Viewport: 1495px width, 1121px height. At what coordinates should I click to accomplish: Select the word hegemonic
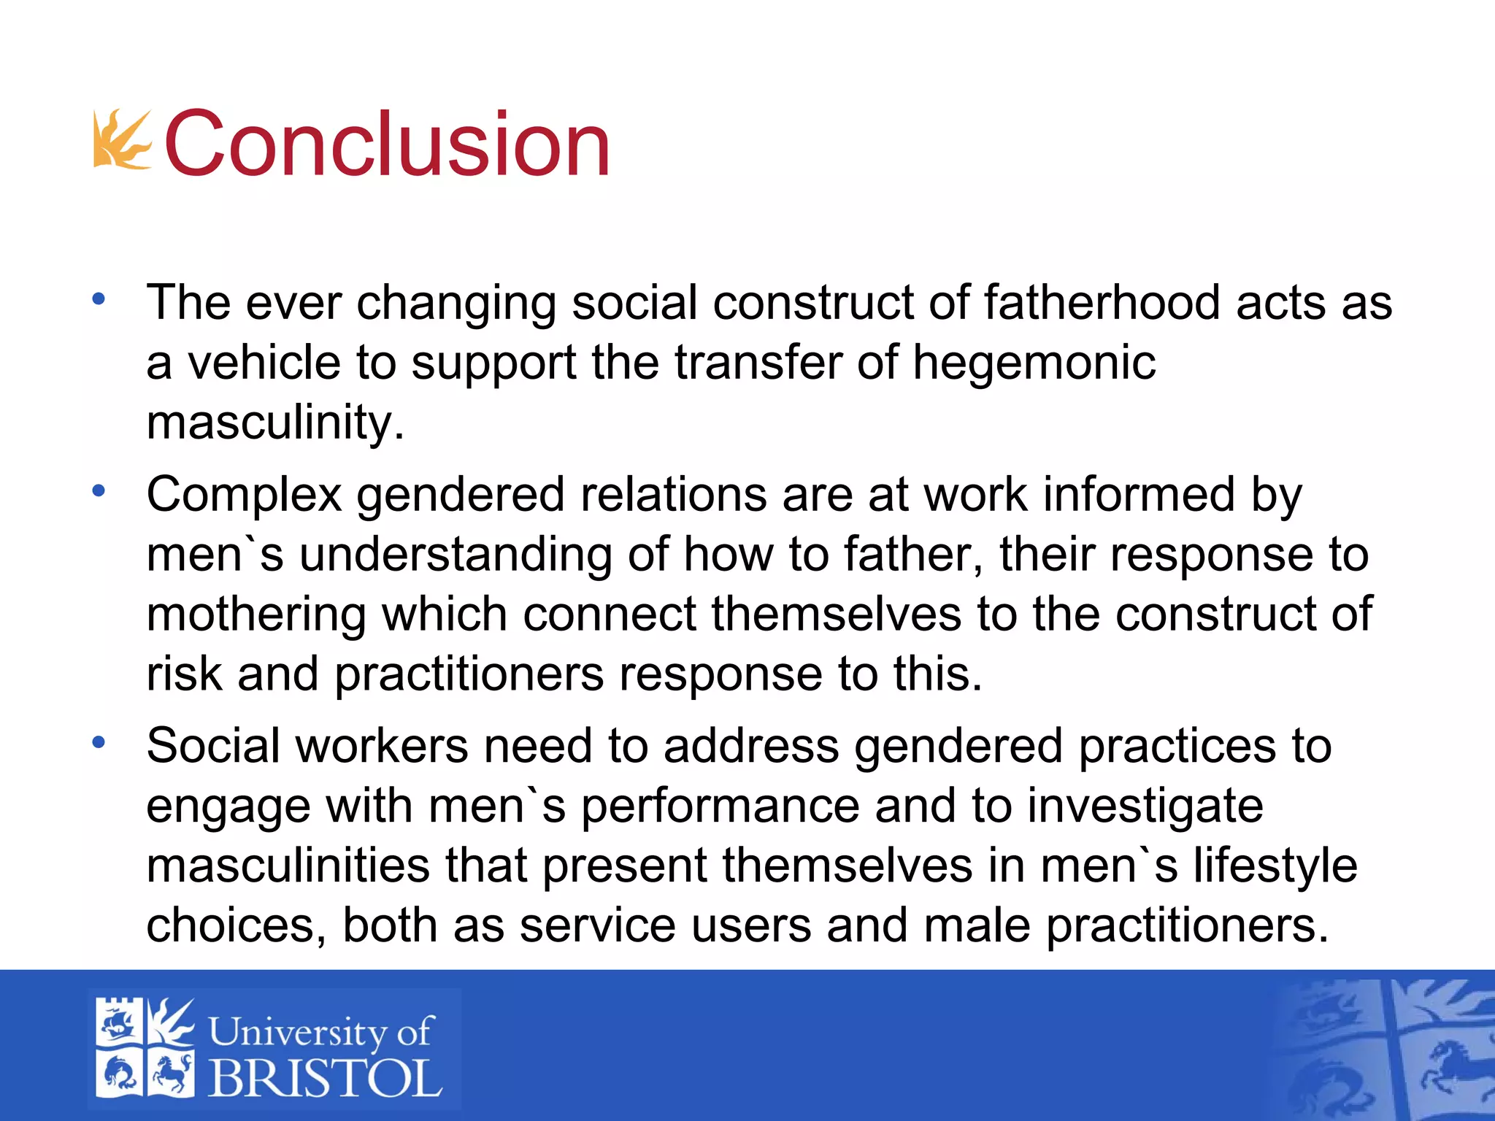[x=1034, y=362]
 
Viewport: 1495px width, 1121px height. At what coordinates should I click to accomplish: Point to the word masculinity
[x=275, y=422]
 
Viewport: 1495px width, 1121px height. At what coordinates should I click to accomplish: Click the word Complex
[x=244, y=495]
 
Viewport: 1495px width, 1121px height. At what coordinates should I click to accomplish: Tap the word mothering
[x=255, y=614]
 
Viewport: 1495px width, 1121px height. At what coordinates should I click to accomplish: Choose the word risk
[x=183, y=673]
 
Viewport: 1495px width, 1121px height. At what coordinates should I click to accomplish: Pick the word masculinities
[x=288, y=866]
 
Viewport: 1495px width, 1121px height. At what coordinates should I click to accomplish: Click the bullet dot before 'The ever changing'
[x=99, y=298]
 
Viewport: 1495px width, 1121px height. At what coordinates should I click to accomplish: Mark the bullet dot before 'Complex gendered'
[x=99, y=491]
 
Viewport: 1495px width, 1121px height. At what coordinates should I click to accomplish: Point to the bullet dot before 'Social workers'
[x=99, y=743]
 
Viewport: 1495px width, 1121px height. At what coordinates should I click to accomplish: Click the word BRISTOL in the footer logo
[x=326, y=1078]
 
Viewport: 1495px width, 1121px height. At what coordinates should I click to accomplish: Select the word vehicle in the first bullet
[x=264, y=362]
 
